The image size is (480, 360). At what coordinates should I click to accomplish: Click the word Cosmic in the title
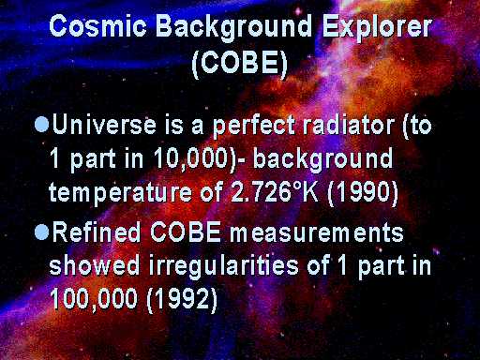pos(97,25)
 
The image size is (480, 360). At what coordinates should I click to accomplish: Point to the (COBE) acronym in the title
pos(239,64)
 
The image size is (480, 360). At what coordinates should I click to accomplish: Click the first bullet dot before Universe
pos(42,125)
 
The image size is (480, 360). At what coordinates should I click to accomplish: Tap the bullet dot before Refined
pos(42,232)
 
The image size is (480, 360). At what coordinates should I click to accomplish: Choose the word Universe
pos(104,125)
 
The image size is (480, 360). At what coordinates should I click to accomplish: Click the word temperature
pos(120,192)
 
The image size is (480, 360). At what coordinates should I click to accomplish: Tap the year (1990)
pos(363,191)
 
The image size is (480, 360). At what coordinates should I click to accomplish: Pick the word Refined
pos(97,232)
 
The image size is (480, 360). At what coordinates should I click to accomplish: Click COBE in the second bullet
pos(186,232)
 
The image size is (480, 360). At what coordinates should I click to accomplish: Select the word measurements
pos(317,232)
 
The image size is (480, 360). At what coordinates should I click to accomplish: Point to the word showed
pos(95,265)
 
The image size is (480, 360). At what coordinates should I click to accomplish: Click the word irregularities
pos(224,267)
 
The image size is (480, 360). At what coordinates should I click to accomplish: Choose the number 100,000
pos(94,299)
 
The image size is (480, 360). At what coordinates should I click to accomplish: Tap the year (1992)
pos(182,299)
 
